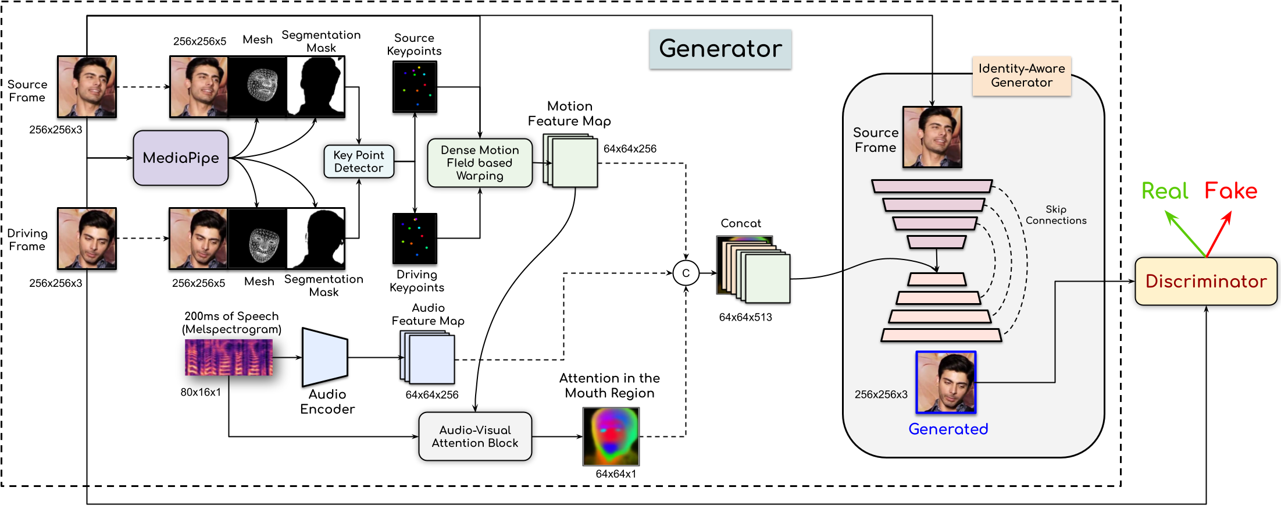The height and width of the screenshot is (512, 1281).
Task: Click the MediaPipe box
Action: tap(181, 158)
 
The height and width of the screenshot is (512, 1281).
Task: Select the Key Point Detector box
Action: tap(359, 161)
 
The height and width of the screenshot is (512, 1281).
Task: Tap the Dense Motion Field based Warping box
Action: tap(480, 163)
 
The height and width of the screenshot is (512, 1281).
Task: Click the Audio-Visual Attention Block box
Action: tap(475, 436)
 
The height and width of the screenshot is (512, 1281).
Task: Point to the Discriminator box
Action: tap(1205, 282)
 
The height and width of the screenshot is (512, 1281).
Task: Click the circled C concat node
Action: tap(686, 273)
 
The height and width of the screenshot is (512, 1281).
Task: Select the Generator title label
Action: tap(720, 49)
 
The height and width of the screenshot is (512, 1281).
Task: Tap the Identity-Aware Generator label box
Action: tap(1022, 76)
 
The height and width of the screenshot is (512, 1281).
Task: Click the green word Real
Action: tap(1164, 191)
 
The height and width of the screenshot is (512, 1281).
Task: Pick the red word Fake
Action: tap(1230, 191)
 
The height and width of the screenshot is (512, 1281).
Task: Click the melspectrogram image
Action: tap(229, 357)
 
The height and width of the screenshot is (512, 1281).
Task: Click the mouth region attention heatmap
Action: tap(611, 436)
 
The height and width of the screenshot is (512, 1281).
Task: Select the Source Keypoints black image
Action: tap(415, 87)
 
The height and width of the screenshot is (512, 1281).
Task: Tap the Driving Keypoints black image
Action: tap(415, 238)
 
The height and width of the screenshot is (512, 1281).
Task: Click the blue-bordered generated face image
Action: tap(946, 382)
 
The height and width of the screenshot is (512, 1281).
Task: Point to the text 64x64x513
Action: tap(745, 317)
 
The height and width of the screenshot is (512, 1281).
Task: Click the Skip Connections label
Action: tap(1056, 215)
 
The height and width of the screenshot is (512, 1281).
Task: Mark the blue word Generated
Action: tap(948, 429)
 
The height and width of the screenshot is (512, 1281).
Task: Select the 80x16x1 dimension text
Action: tap(201, 392)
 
